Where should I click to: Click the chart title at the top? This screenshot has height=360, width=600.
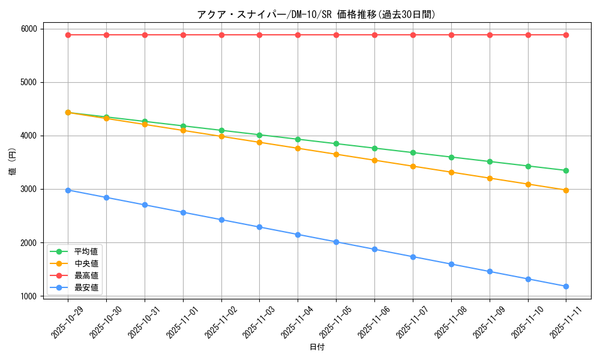click(316, 14)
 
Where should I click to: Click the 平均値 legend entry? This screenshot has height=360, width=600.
click(86, 251)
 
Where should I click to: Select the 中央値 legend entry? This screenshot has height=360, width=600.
click(86, 263)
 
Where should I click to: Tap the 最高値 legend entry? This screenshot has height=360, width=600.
click(86, 275)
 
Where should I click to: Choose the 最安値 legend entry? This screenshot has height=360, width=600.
click(86, 288)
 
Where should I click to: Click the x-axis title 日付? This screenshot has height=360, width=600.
click(317, 347)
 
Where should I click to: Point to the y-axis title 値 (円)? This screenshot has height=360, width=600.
click(13, 163)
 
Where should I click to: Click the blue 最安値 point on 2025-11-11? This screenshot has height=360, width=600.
click(566, 286)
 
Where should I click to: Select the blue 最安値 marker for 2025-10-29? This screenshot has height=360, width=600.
click(68, 190)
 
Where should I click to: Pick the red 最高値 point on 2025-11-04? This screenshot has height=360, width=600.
click(298, 35)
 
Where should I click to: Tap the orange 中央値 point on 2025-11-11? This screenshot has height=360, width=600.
click(566, 190)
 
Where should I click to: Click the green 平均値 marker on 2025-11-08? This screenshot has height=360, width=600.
click(451, 157)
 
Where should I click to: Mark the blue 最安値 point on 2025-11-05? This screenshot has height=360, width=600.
click(336, 242)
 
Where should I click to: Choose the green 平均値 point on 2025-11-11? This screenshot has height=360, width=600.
click(566, 170)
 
